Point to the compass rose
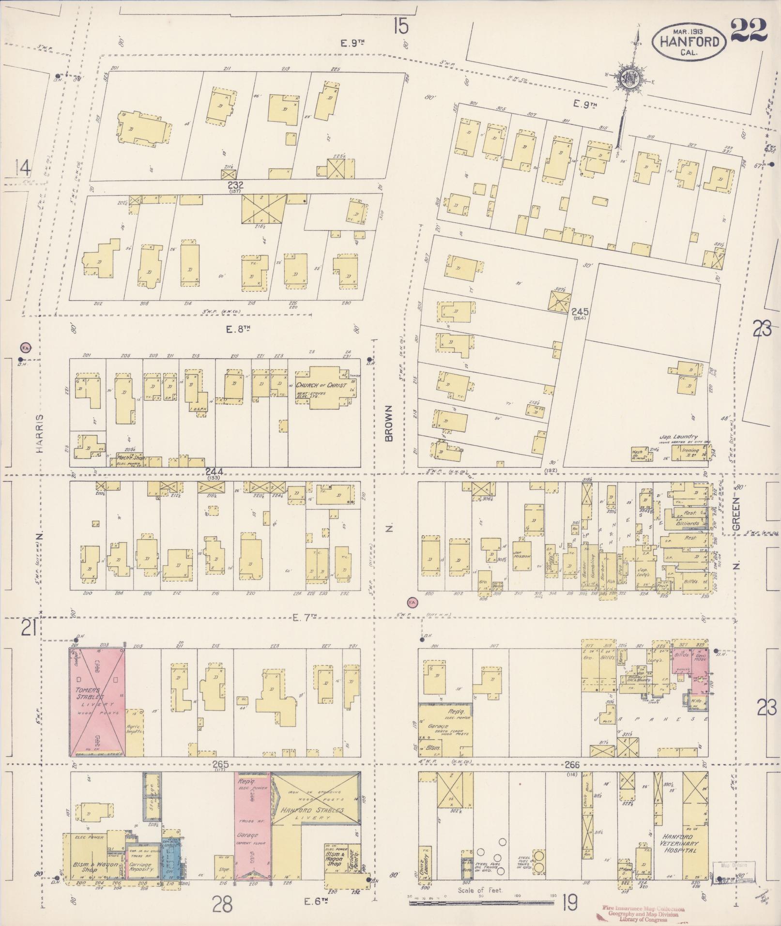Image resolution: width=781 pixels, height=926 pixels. (631, 78)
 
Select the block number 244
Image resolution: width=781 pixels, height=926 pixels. (214, 471)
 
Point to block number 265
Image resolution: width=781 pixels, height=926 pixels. (220, 764)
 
